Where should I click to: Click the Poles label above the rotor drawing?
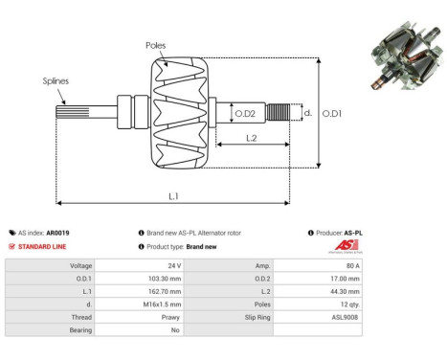coord(155,45)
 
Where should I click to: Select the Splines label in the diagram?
coord(56,82)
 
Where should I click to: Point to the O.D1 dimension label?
coord(332,114)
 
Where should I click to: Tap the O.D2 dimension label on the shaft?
coord(245,115)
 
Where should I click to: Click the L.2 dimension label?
coord(250,139)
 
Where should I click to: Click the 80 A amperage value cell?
coord(351,264)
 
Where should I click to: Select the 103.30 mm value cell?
coord(165,278)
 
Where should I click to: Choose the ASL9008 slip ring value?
coord(346,315)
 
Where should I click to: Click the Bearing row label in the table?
coord(78,328)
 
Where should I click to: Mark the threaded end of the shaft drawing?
coord(278,114)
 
